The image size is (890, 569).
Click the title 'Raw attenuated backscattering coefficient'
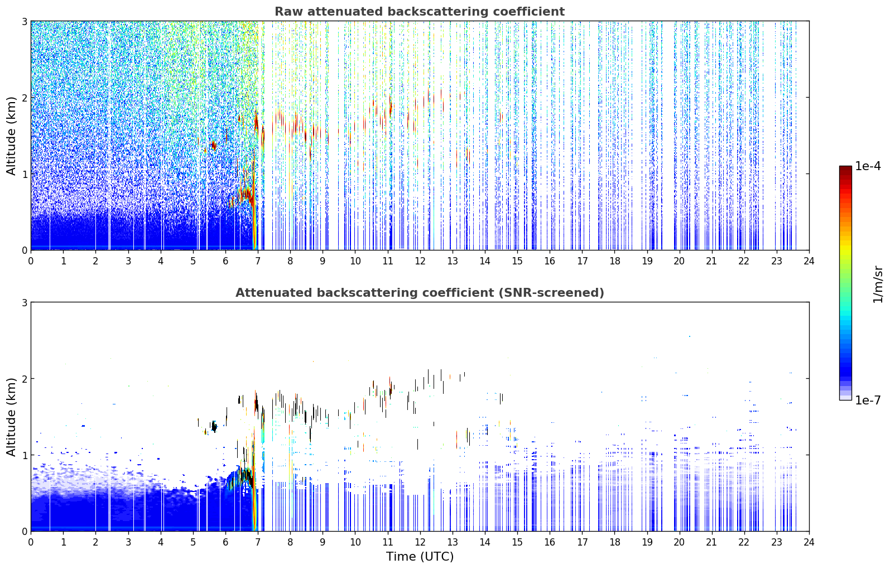pos(420,12)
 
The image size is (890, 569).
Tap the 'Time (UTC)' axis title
pos(420,557)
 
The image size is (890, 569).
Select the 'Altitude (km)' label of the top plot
pos(11,136)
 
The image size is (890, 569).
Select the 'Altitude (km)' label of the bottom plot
pos(11,417)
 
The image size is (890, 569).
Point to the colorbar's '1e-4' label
pos(868,166)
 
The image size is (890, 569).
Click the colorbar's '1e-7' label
pos(868,401)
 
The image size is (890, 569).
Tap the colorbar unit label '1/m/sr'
pos(878,284)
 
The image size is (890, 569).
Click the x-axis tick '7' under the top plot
pos(258,261)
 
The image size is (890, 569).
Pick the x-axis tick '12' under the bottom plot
pos(420,542)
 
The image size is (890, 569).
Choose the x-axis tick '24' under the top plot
pos(809,261)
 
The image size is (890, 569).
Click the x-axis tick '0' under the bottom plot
pos(31,542)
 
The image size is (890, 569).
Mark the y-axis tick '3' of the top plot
pos(24,21)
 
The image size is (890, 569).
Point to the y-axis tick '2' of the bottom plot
pos(24,379)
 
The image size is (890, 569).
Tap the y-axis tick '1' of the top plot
pos(24,174)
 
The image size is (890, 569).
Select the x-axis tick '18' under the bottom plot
pos(615,542)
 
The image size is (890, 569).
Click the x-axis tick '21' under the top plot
pos(711,261)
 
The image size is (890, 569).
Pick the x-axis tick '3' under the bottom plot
pos(128,542)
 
